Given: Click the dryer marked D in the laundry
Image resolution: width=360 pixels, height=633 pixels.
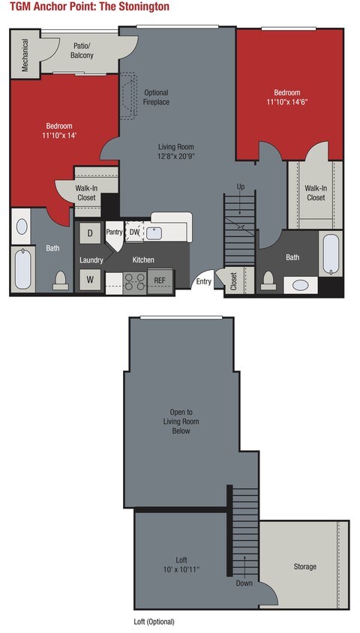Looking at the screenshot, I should [90, 233].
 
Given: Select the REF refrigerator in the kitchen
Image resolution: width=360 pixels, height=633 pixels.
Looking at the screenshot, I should [160, 280].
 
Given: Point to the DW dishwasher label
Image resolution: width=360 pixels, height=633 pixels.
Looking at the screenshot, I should [134, 232].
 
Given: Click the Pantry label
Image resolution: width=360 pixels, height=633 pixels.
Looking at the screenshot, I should [114, 232].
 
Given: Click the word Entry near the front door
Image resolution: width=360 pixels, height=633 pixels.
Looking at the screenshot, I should [203, 282].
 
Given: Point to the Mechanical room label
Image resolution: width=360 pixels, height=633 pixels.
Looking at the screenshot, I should [25, 54].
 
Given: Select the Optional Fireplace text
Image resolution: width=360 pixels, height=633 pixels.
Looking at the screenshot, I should [157, 97].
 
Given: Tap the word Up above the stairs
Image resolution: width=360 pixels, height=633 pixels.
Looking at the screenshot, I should [240, 186].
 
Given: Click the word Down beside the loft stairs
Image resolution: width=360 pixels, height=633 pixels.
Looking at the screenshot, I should [244, 582].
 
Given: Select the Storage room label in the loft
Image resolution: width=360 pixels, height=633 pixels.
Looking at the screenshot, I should [304, 566].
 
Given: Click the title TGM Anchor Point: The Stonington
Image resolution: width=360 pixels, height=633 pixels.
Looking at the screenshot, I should [89, 7].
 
